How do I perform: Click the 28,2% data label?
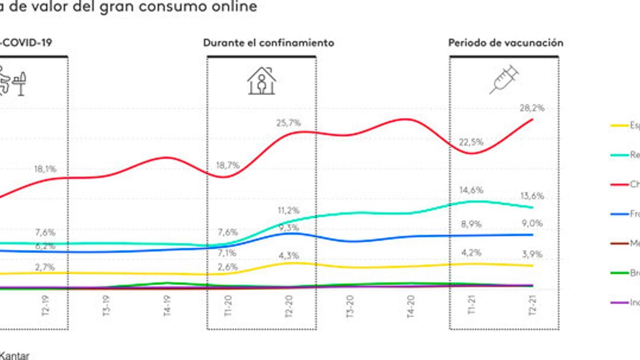[532, 108]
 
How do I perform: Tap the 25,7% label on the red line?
[288, 123]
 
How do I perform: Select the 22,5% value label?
[471, 142]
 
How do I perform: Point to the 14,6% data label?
[471, 190]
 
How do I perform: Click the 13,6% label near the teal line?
[532, 196]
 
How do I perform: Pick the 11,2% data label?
[288, 210]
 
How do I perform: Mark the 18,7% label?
[228, 165]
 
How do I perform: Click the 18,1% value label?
[45, 169]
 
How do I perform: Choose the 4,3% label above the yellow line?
[288, 255]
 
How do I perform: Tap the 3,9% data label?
[532, 254]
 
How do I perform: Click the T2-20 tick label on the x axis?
[289, 306]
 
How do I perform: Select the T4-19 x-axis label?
[167, 306]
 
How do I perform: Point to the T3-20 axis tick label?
[350, 306]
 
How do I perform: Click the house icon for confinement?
[262, 81]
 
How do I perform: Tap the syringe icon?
[504, 80]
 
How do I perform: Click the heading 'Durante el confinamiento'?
[268, 43]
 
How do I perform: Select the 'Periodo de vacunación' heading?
[506, 43]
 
